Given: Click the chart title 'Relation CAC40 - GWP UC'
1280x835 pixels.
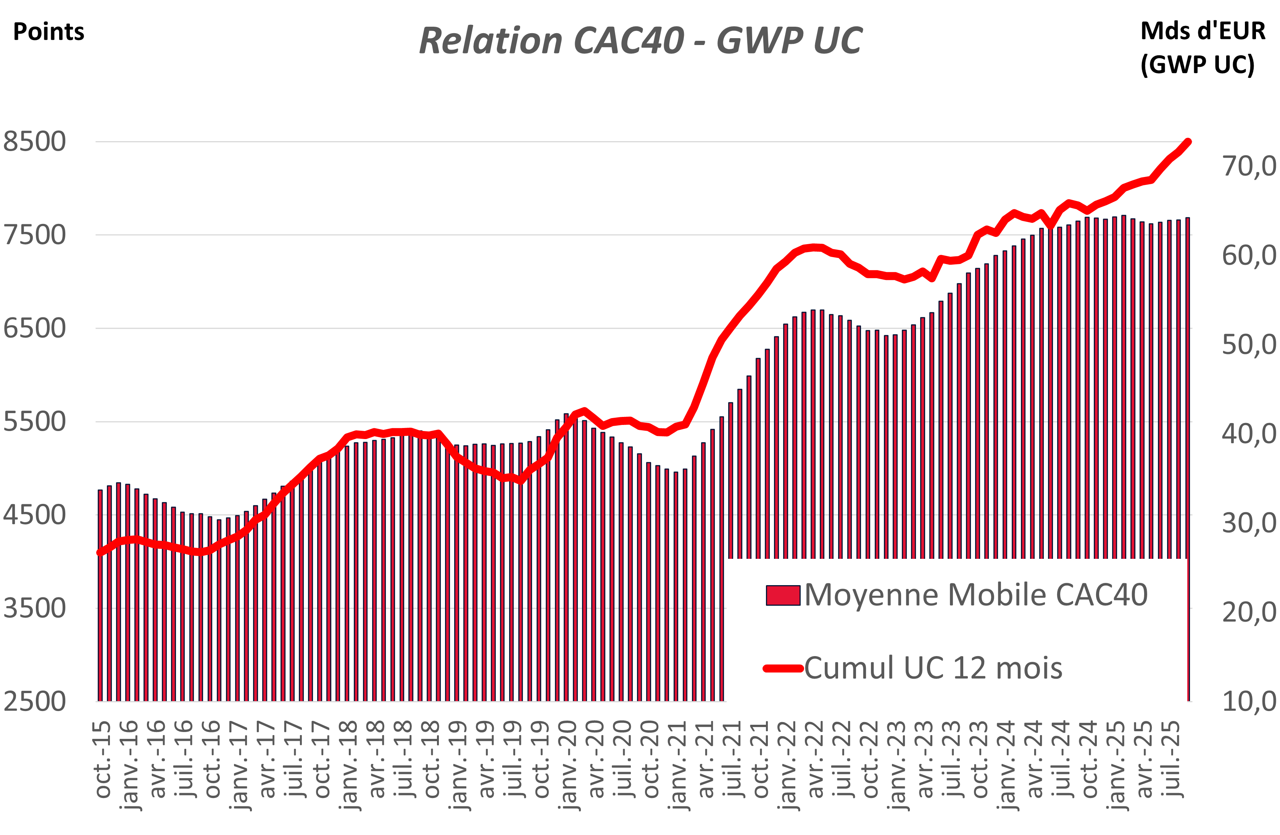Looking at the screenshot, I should click(x=640, y=41).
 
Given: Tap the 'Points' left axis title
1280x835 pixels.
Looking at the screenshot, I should click(x=48, y=32).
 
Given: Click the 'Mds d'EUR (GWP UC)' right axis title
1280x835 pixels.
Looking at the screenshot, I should click(x=1203, y=47).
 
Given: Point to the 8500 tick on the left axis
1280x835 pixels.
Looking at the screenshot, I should click(x=34, y=142).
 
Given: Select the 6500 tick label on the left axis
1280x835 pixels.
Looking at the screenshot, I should click(x=34, y=328).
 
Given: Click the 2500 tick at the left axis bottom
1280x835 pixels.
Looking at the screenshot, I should click(x=34, y=701).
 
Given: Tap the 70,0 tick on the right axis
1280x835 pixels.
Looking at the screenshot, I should click(x=1249, y=166).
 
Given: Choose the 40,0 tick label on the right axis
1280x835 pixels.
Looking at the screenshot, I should click(x=1249, y=433).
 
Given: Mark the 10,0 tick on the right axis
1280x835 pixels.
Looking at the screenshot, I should click(x=1249, y=701).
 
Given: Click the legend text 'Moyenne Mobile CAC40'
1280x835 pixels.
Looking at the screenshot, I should click(x=975, y=595).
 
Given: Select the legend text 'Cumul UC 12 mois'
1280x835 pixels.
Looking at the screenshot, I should click(x=933, y=668).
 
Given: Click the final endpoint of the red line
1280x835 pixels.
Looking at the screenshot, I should click(x=1188, y=142).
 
